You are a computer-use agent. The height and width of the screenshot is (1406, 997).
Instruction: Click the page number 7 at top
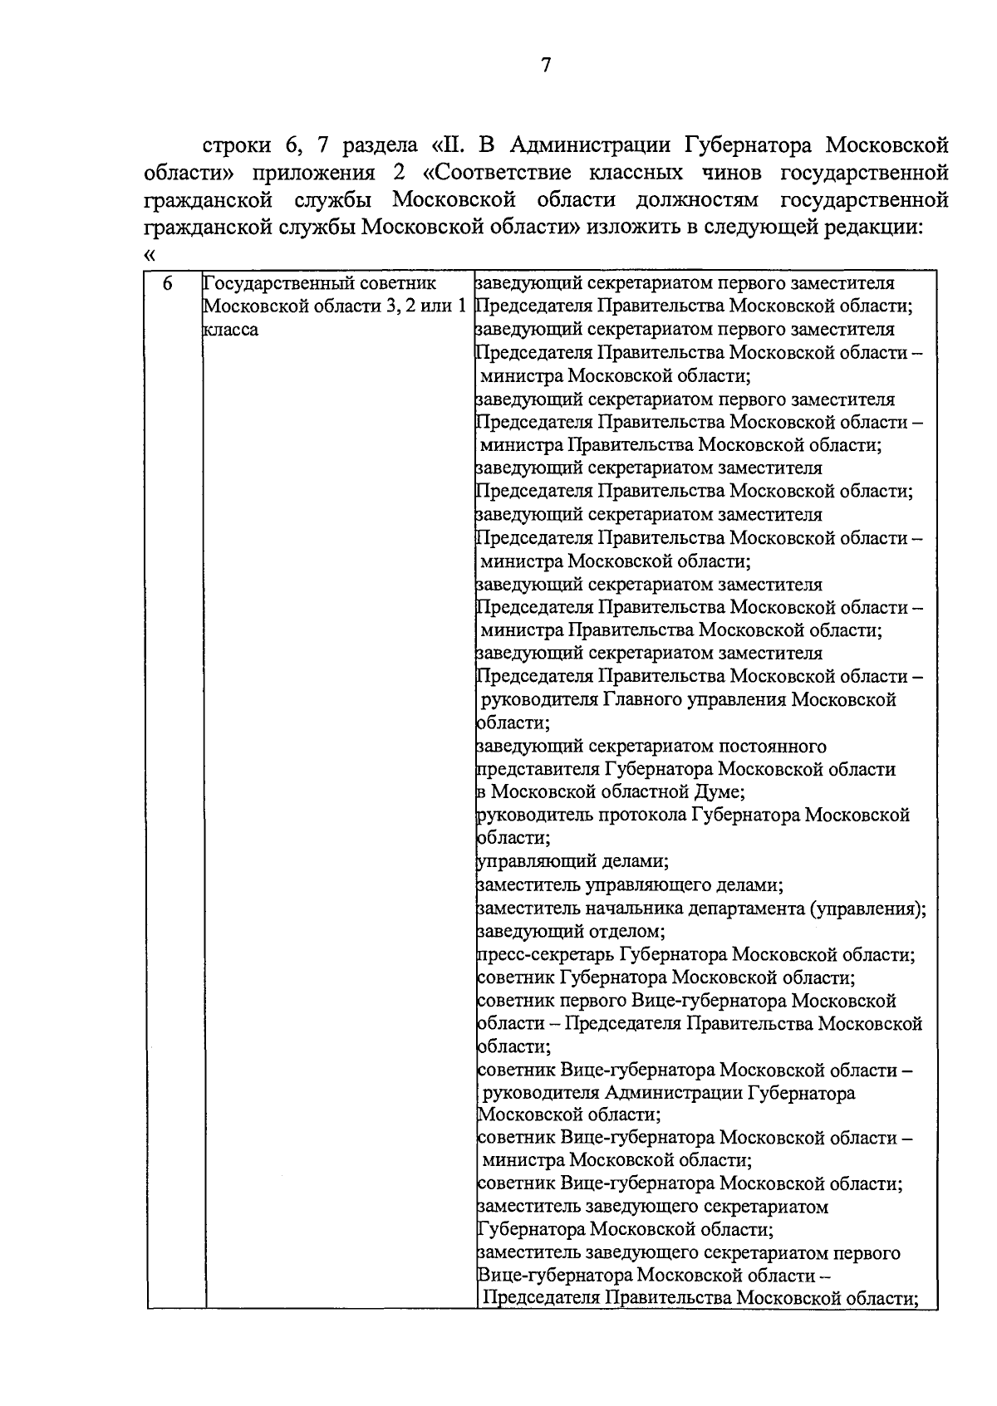[x=545, y=66]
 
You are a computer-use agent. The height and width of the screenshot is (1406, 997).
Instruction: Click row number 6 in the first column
[x=168, y=284]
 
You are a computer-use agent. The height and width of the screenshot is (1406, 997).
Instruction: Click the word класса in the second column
[x=231, y=330]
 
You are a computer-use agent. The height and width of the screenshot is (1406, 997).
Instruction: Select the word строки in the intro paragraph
[x=236, y=147]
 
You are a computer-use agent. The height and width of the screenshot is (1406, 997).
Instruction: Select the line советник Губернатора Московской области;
[x=667, y=977]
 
